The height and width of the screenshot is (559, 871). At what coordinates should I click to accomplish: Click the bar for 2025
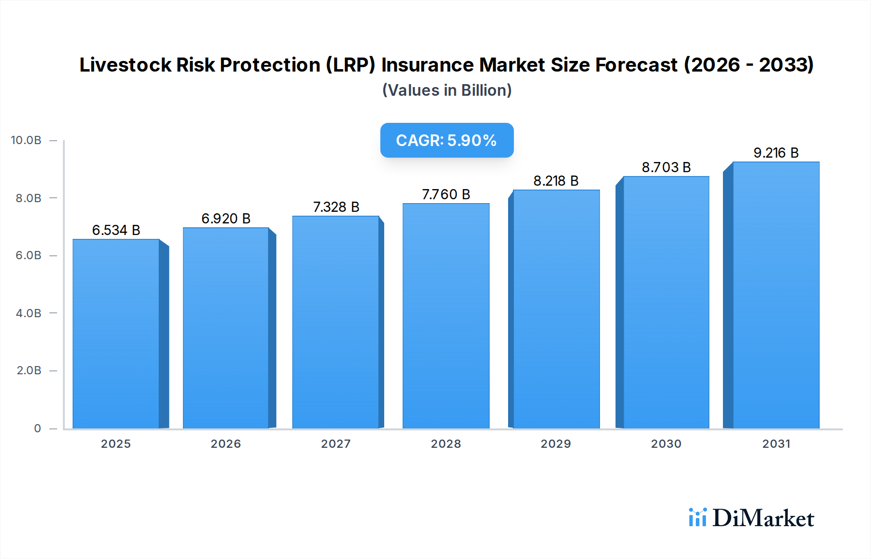pyautogui.click(x=116, y=334)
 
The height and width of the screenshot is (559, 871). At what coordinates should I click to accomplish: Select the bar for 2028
pyautogui.click(x=446, y=316)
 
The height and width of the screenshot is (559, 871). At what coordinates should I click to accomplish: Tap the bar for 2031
pyautogui.click(x=776, y=295)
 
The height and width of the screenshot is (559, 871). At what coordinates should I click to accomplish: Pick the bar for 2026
pyautogui.click(x=225, y=328)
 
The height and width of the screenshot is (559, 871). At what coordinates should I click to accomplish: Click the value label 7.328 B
pyautogui.click(x=336, y=207)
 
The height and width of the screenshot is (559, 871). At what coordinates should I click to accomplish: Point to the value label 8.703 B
pyautogui.click(x=666, y=167)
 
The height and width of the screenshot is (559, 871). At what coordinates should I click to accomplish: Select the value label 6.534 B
pyautogui.click(x=116, y=230)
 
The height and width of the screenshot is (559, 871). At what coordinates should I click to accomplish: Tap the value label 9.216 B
pyautogui.click(x=776, y=153)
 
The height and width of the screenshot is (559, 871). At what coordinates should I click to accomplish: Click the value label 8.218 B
pyautogui.click(x=556, y=181)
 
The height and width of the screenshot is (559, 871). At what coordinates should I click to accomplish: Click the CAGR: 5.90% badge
pyautogui.click(x=447, y=140)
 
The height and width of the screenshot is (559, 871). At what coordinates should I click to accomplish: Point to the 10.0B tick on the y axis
pyautogui.click(x=26, y=140)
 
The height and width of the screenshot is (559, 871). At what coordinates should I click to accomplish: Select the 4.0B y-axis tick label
pyautogui.click(x=29, y=313)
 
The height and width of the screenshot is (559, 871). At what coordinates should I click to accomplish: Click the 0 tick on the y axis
pyautogui.click(x=37, y=428)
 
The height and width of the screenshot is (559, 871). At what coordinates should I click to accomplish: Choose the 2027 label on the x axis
pyautogui.click(x=336, y=444)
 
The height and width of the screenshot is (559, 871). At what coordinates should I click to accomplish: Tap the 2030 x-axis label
pyautogui.click(x=666, y=444)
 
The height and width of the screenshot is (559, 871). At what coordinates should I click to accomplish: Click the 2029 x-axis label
pyautogui.click(x=556, y=444)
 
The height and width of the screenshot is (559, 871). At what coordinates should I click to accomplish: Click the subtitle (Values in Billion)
pyautogui.click(x=447, y=90)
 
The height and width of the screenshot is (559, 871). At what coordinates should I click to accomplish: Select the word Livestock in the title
pyautogui.click(x=125, y=65)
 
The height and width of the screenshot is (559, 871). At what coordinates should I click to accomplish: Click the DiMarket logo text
pyautogui.click(x=763, y=518)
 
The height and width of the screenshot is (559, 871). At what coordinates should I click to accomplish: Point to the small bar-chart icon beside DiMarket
pyautogui.click(x=697, y=517)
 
